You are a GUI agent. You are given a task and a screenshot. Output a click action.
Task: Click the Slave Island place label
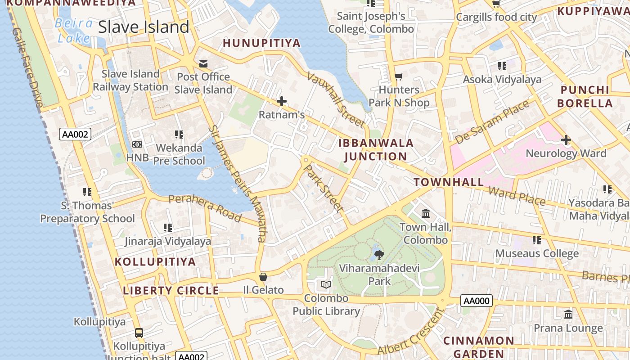[x=144, y=27]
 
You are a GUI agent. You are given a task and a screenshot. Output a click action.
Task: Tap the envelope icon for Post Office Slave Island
[x=203, y=63]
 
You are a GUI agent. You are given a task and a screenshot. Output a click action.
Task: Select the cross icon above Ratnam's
[x=282, y=101]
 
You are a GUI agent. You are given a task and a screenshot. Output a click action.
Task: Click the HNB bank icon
[x=137, y=144]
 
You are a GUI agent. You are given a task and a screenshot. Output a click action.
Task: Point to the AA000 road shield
[x=476, y=301]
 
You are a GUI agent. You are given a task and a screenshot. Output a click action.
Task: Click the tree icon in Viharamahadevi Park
[x=379, y=255]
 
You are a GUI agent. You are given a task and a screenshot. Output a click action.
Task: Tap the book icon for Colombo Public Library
[x=326, y=285]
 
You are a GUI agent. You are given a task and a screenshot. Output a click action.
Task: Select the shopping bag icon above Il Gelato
[x=263, y=277]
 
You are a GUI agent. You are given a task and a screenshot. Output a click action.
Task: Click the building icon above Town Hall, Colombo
[x=426, y=213]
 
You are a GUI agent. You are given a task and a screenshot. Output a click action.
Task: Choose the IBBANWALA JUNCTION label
[x=376, y=150]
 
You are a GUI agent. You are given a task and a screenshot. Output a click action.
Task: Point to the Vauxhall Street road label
[x=336, y=100]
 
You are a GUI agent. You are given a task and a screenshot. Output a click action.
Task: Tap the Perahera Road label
[x=205, y=208]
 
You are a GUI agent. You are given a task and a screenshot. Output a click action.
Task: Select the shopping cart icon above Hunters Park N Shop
[x=398, y=76]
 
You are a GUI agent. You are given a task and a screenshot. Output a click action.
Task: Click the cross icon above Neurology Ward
[x=566, y=140]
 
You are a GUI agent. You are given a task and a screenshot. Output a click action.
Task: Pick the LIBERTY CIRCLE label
[x=171, y=291]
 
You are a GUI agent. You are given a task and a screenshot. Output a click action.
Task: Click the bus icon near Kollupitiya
[x=139, y=333]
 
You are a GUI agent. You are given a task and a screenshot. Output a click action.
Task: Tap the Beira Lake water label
[x=74, y=31]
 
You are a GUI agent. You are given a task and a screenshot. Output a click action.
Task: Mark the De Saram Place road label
[x=492, y=122]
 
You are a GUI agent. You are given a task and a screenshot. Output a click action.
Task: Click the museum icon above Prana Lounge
[x=568, y=314]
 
